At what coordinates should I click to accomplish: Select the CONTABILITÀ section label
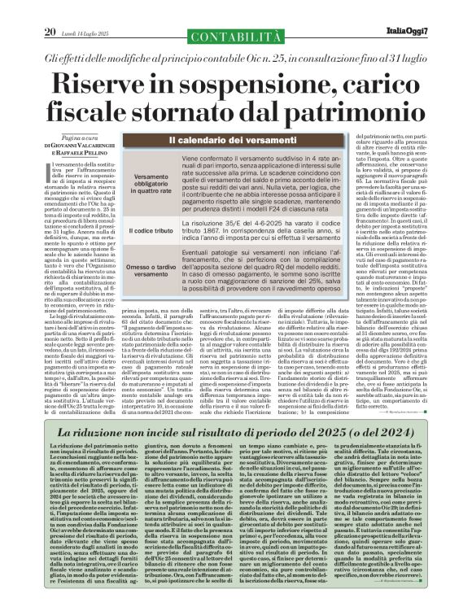coord(236,11)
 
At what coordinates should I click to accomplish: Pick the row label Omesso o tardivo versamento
coord(153,276)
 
